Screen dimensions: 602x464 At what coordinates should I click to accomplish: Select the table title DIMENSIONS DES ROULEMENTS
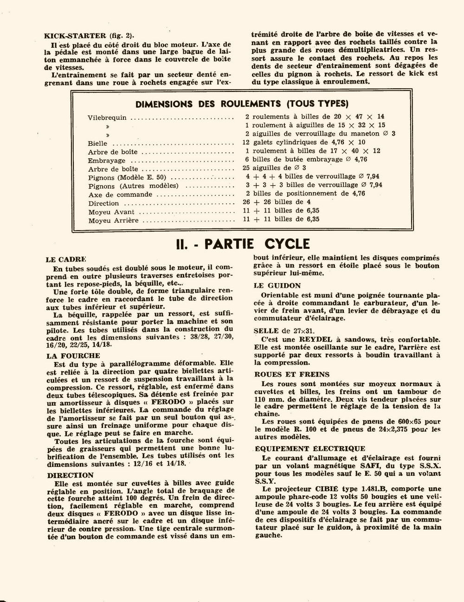point(242,104)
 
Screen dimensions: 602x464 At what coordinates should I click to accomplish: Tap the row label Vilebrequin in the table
point(107,118)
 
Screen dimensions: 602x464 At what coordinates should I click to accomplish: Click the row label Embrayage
point(107,161)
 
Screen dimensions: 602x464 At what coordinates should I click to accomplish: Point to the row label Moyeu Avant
point(111,212)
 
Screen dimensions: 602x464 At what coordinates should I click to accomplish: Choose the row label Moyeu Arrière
point(114,220)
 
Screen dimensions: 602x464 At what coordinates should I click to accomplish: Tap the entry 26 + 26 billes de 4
point(277,202)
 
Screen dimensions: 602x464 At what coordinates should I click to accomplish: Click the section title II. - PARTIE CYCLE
point(243,244)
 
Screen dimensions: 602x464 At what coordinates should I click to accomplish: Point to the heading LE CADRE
point(66,260)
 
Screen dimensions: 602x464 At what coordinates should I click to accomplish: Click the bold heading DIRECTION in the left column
point(71,475)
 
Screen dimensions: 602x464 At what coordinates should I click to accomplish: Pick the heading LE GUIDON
point(277,285)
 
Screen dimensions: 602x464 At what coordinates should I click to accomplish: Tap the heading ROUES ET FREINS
point(292,374)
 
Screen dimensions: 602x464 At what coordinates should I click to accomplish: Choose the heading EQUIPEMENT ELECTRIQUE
point(310,448)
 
